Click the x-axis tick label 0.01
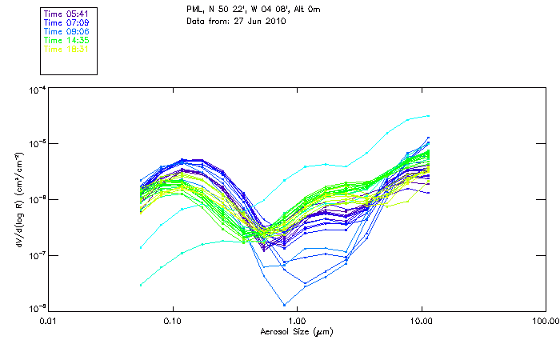tap(48, 322)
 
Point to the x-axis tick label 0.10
tap(172, 322)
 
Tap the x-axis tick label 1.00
tap(297, 322)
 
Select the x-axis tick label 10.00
tap(421, 322)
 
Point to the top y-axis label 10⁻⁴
tap(35, 90)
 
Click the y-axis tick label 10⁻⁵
tap(35, 145)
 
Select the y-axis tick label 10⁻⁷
tap(35, 255)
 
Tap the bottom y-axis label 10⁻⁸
tap(35, 309)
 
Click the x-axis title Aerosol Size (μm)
tap(297, 331)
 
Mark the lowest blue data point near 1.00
tap(284, 305)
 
